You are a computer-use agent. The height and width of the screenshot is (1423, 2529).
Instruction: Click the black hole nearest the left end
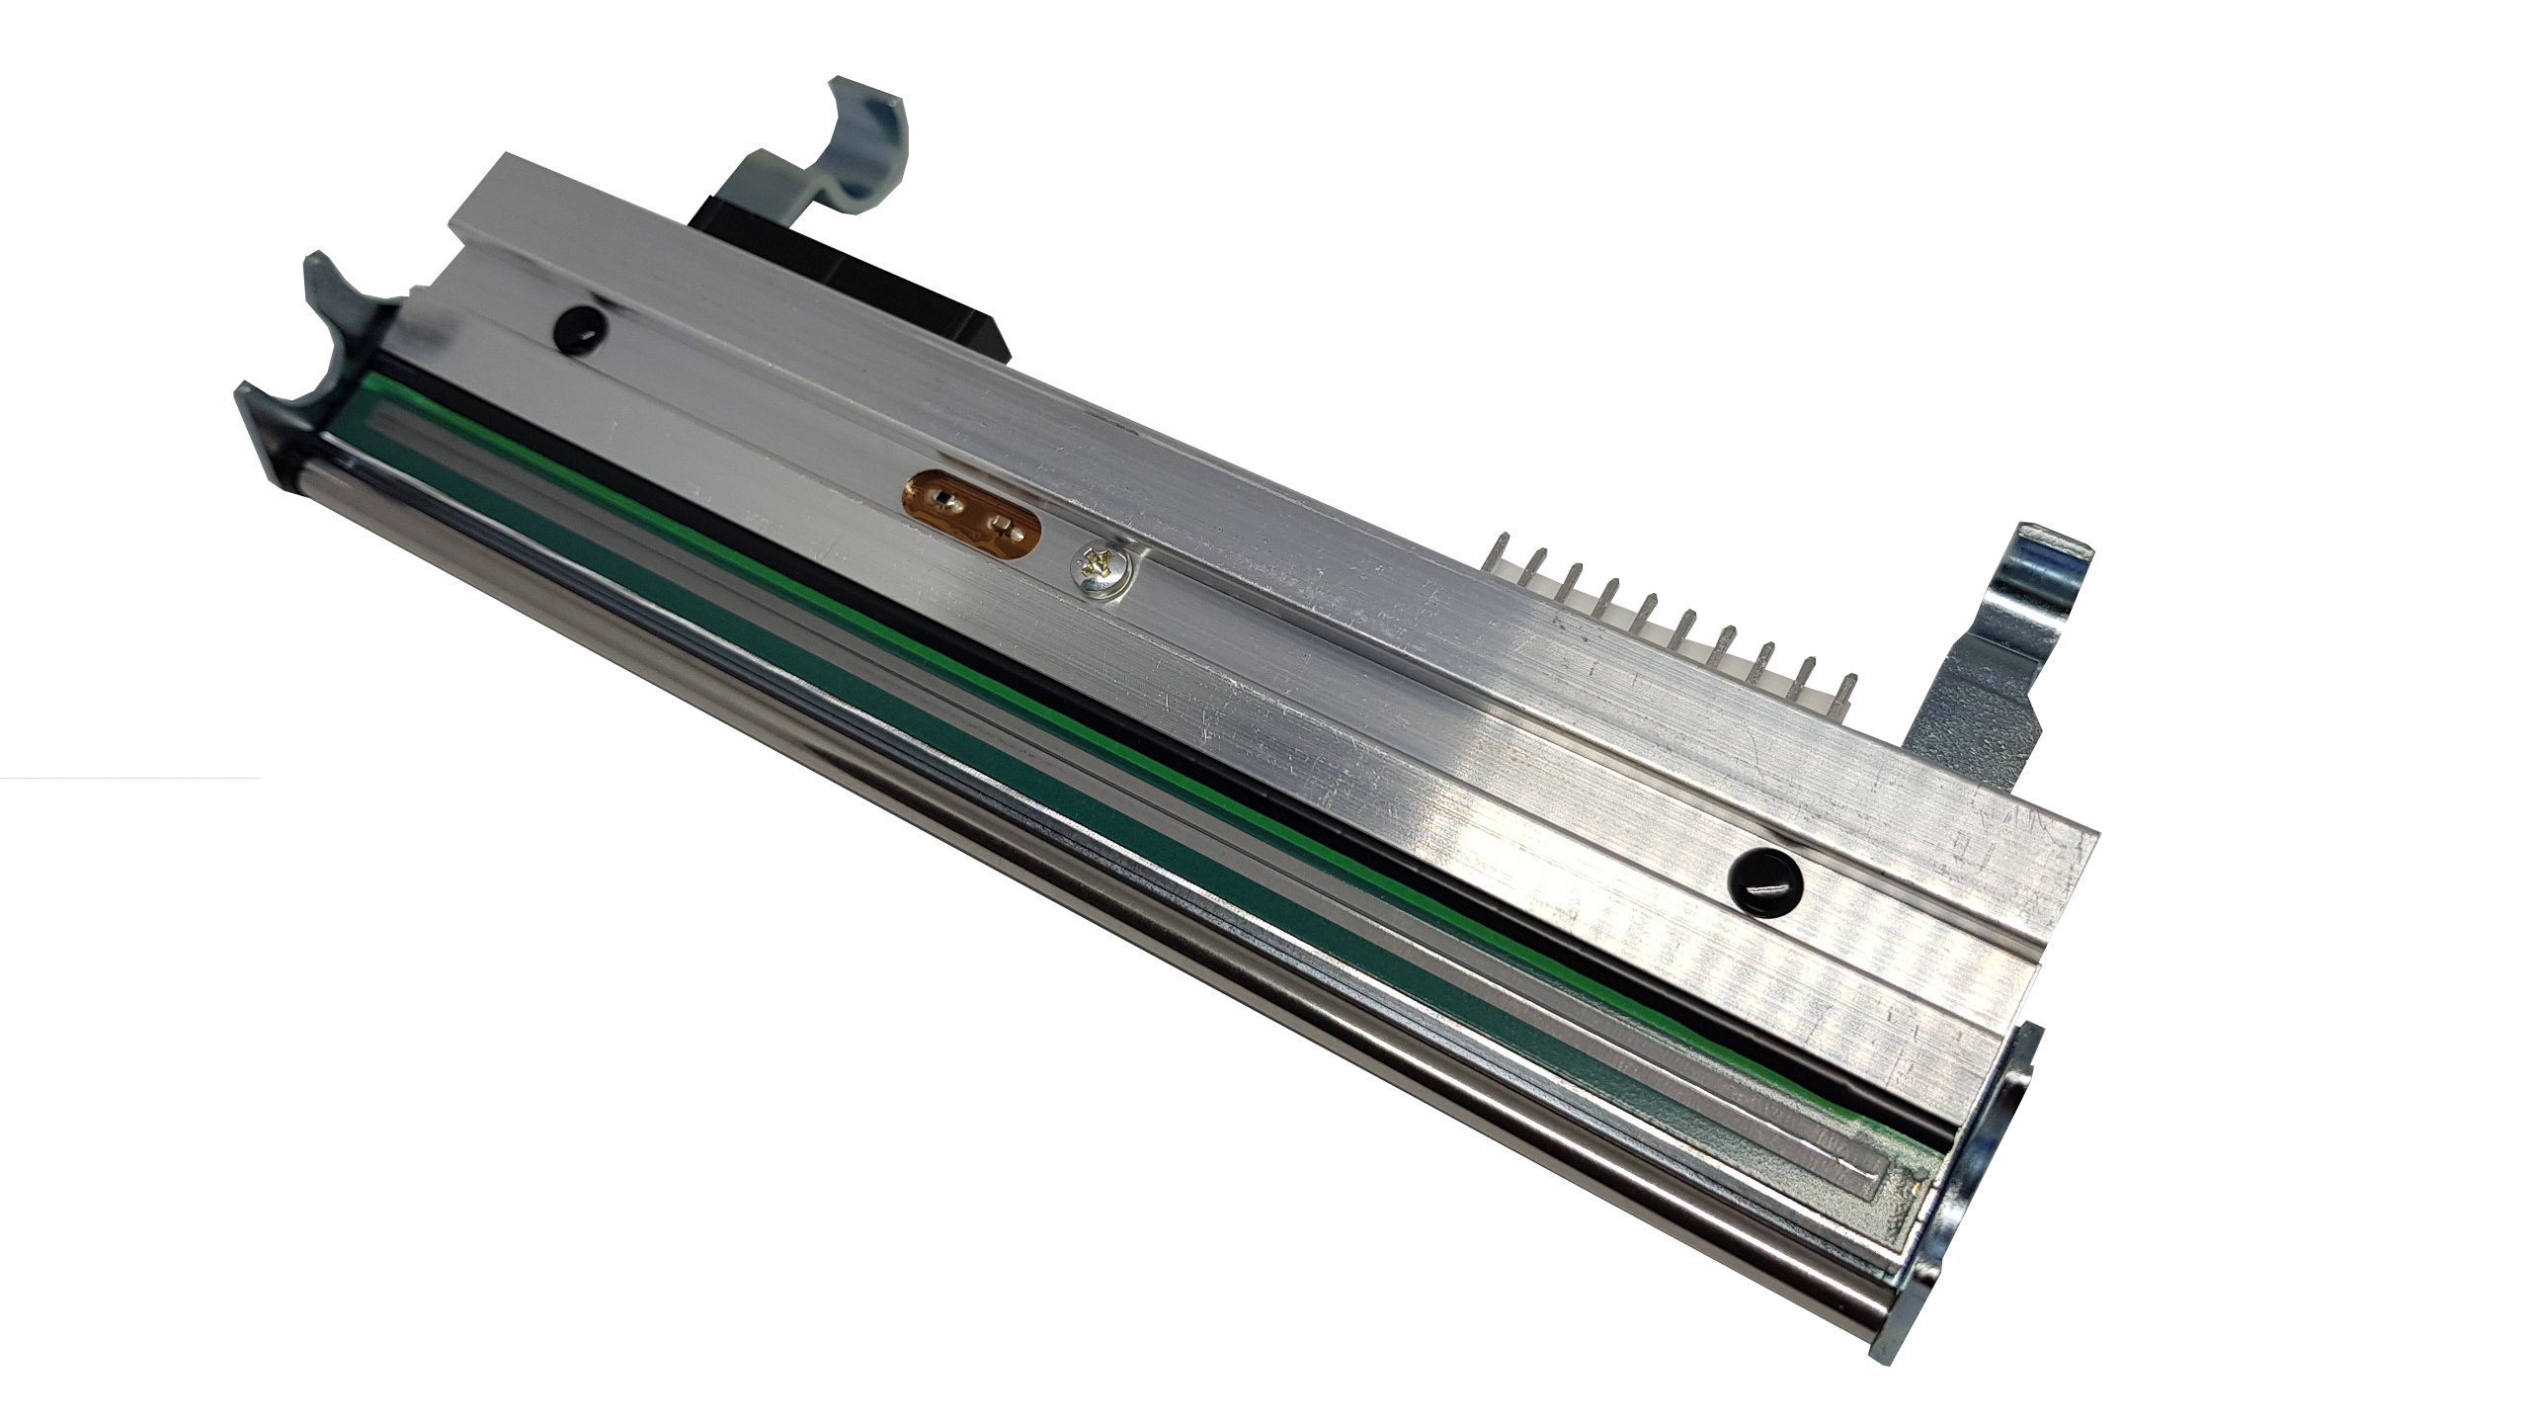pos(577,323)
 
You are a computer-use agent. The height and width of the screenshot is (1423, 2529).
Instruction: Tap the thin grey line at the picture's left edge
pos(128,780)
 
